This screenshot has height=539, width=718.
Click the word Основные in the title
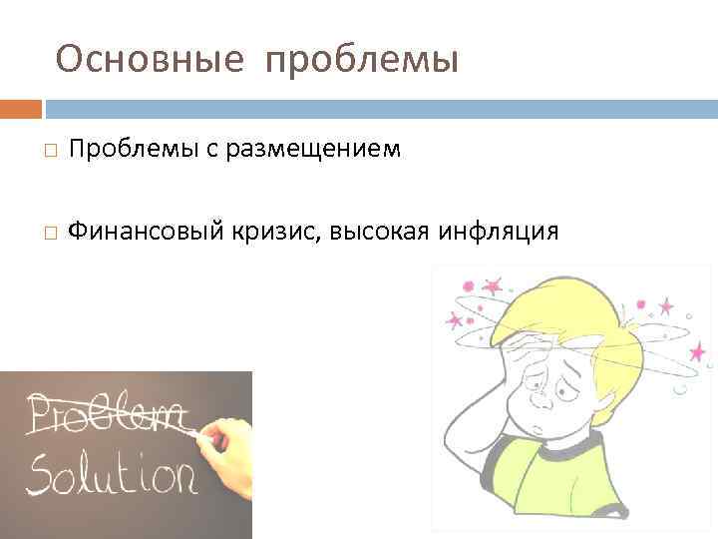[x=150, y=60]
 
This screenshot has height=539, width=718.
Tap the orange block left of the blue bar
[x=20, y=108]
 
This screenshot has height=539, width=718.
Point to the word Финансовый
[x=135, y=233]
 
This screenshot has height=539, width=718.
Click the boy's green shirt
[x=598, y=489]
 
